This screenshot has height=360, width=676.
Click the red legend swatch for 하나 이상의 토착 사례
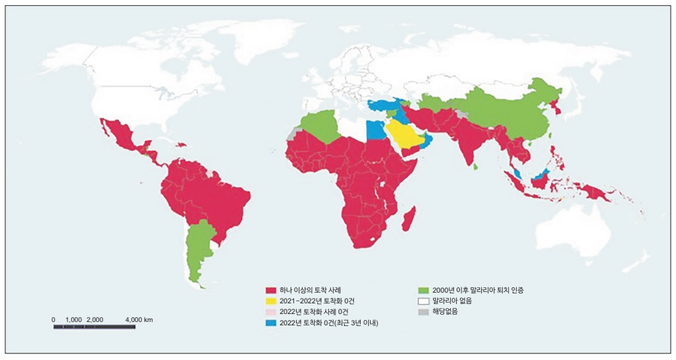[271, 290]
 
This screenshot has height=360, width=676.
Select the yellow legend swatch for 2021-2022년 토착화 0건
[271, 301]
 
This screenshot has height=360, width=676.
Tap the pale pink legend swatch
[271, 311]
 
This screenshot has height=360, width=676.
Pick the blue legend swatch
[271, 323]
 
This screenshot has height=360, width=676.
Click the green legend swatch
[423, 290]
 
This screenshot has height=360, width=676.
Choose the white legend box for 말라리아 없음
[423, 301]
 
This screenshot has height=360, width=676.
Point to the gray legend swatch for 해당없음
[423, 311]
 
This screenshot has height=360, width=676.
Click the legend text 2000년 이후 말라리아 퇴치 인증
[477, 290]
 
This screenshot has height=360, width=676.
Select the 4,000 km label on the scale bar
[139, 320]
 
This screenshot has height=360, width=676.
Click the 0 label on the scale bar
[54, 320]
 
